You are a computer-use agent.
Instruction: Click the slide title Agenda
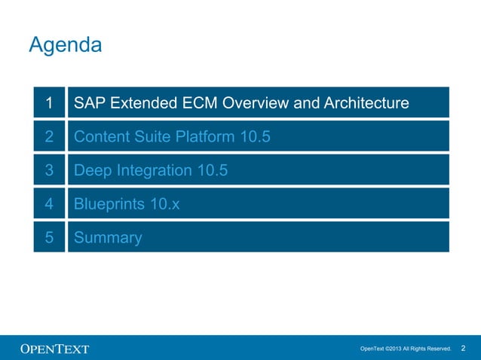click(x=65, y=45)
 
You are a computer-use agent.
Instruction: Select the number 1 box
click(x=49, y=102)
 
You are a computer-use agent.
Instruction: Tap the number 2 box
click(x=49, y=136)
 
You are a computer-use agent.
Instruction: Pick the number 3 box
click(x=49, y=170)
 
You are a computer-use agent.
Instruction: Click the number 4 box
click(x=49, y=204)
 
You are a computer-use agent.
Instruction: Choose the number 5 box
click(x=49, y=238)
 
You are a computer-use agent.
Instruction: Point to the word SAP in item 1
click(x=90, y=102)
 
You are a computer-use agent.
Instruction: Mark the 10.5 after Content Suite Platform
click(x=255, y=136)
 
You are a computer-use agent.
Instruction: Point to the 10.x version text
click(x=166, y=204)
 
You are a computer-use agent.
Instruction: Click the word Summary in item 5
click(x=108, y=239)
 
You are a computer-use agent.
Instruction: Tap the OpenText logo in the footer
click(x=54, y=349)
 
